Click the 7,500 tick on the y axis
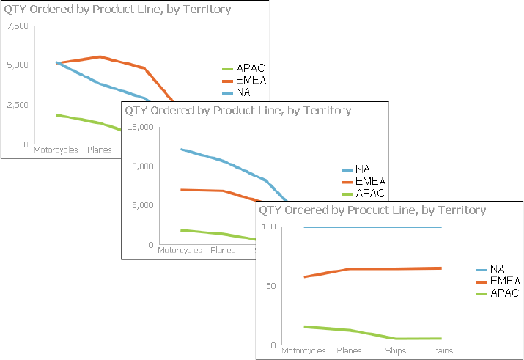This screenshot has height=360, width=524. point(17,26)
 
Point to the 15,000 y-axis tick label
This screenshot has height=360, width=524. point(139,127)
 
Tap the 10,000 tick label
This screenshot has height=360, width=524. point(139,166)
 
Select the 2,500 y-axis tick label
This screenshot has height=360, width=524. point(17,105)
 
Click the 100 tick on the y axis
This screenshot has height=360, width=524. point(267,227)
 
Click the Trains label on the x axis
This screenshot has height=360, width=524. point(440,351)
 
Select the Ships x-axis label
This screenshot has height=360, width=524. point(395,351)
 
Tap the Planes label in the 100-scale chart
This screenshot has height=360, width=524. point(349,351)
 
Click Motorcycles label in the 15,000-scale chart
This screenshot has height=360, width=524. point(180,251)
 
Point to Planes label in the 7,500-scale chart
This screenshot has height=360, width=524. point(99,150)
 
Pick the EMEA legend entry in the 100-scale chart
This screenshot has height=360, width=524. point(504,281)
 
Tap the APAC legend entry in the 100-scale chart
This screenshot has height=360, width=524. point(504,293)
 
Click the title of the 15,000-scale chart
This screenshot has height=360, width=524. point(237,111)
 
